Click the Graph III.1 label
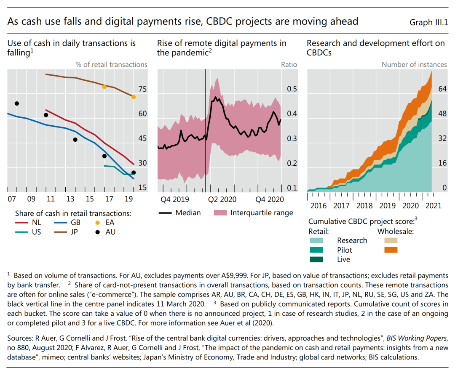[x=428, y=22]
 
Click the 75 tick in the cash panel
[x=142, y=90]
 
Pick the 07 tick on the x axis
[x=12, y=199]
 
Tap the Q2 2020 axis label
[x=223, y=199]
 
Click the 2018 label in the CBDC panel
[x=364, y=206]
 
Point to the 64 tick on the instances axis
[x=442, y=89]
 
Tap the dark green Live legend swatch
[x=316, y=259]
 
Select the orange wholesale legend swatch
[x=391, y=250]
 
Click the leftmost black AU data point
[x=17, y=103]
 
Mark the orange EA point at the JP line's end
[x=134, y=97]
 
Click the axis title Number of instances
[x=414, y=65]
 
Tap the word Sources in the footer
[x=20, y=339]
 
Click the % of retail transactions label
[x=111, y=65]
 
